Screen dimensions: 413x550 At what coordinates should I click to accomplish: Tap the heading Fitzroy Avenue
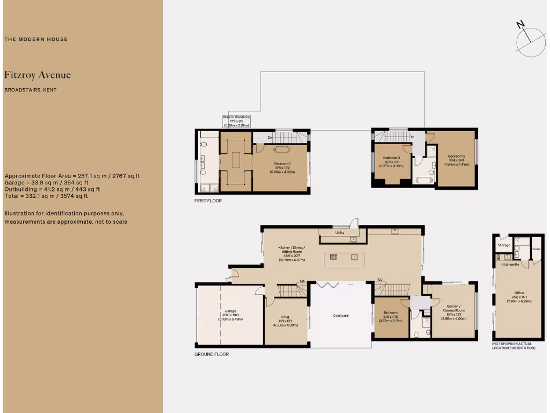coord(37,75)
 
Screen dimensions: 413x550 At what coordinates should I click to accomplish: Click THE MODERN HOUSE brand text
coord(36,39)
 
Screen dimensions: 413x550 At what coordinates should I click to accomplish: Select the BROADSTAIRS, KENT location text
coord(30,90)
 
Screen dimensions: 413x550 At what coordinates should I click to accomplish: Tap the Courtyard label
coord(341,315)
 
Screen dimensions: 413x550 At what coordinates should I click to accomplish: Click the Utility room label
coord(339,233)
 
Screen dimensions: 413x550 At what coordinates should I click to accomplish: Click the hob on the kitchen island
coord(333,257)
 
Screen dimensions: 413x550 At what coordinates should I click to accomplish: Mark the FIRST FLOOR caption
coord(208,201)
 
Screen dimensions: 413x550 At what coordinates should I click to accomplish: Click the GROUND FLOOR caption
coord(211,354)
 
